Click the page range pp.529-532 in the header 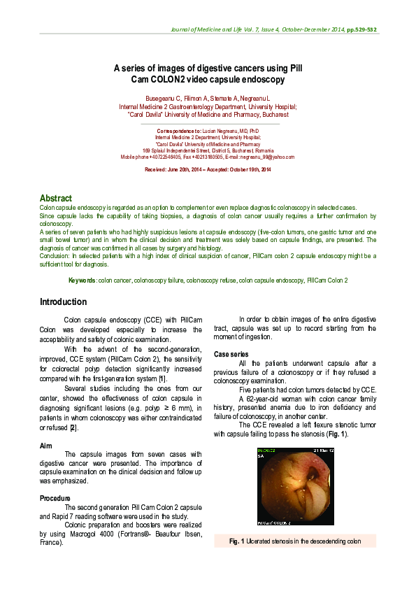pos(361,30)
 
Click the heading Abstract pos(56,199)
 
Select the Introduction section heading pos(63,302)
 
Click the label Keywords pos(82,280)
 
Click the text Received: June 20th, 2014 pos(175,170)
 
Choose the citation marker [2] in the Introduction pos(73,426)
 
